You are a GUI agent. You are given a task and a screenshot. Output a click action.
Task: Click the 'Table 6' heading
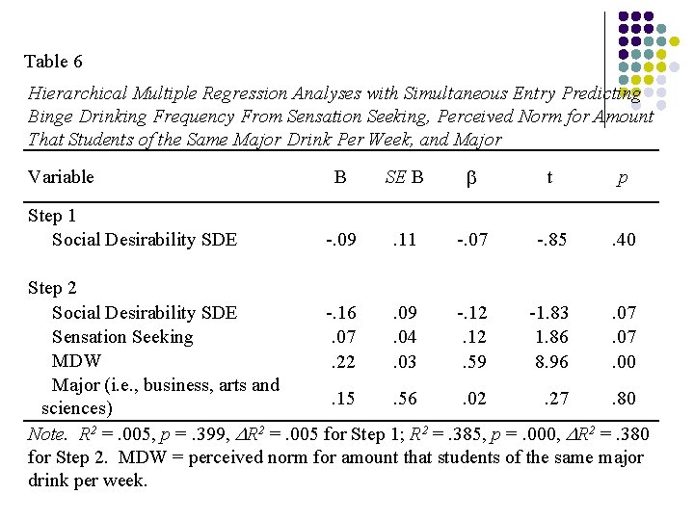[53, 62]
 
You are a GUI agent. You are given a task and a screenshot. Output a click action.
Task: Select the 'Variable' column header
[61, 176]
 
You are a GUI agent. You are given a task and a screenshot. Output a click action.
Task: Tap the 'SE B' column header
[404, 176]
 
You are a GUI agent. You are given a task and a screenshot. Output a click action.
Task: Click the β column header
[471, 177]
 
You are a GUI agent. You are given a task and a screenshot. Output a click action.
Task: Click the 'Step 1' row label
[52, 216]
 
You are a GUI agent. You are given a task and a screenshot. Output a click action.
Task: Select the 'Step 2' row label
[52, 288]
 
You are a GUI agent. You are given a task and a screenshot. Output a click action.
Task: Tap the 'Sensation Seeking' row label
[121, 337]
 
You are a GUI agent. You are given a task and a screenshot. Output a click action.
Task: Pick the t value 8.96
[551, 362]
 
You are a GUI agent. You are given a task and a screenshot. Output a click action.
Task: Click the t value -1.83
[548, 313]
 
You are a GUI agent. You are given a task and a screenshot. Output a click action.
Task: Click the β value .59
[473, 362]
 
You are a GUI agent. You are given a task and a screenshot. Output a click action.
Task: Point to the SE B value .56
[405, 399]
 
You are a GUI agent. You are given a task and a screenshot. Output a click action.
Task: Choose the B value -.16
[340, 313]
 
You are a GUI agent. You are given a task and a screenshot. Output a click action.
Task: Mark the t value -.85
[550, 240]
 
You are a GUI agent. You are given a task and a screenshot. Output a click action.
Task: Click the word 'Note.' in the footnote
[47, 434]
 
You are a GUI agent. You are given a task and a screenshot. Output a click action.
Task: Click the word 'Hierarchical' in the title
[78, 94]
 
